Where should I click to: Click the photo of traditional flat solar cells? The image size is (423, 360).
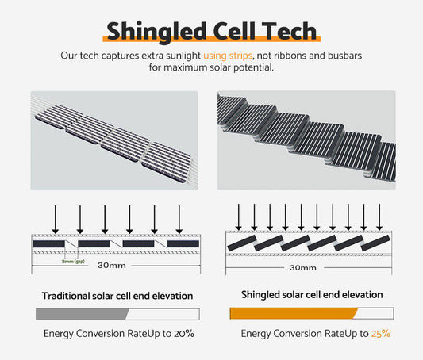113,140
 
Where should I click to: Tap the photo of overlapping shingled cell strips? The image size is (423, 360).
306,140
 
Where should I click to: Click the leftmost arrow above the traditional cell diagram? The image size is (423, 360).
54,217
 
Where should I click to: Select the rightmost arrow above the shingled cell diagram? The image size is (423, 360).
379,214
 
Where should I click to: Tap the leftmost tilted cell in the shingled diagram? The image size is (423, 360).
240,244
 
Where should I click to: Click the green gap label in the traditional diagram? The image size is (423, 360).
73,259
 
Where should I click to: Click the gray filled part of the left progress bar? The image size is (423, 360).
83,313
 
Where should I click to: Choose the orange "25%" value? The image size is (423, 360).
380,334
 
